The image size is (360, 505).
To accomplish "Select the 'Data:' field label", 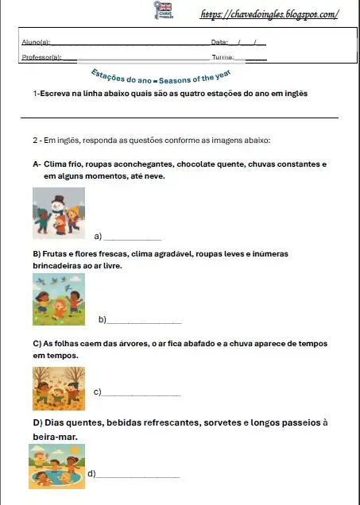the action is [220, 41].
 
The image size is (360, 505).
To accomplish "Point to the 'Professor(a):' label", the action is [39, 57].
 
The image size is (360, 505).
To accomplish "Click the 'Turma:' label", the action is [222, 57].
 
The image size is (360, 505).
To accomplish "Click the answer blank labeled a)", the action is [133, 237].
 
